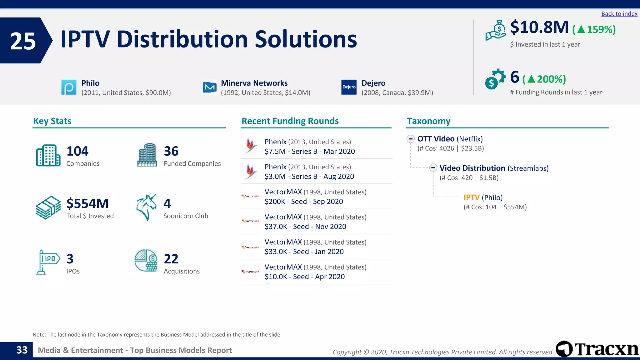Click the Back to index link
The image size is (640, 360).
[x=619, y=14]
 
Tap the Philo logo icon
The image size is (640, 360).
[x=69, y=87]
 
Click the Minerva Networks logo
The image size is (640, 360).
[x=209, y=87]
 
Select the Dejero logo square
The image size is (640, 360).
[x=349, y=87]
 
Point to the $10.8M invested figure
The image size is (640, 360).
[x=539, y=27]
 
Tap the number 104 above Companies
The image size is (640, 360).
[x=77, y=151]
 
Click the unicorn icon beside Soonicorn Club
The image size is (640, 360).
[x=146, y=207]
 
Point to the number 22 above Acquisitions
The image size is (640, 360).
[x=171, y=259]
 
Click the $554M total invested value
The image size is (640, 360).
[x=87, y=204]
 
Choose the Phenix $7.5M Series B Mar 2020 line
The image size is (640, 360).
[x=309, y=152]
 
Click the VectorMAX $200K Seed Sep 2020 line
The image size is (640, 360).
[x=303, y=202]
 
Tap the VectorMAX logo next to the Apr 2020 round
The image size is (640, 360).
[x=250, y=272]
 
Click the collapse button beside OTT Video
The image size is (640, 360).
[x=410, y=139]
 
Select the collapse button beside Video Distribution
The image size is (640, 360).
[x=433, y=168]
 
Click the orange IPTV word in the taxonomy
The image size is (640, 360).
[x=471, y=197]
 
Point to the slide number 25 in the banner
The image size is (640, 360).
[x=23, y=41]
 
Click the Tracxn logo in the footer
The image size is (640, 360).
[x=597, y=349]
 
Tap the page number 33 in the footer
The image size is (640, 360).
[x=22, y=350]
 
